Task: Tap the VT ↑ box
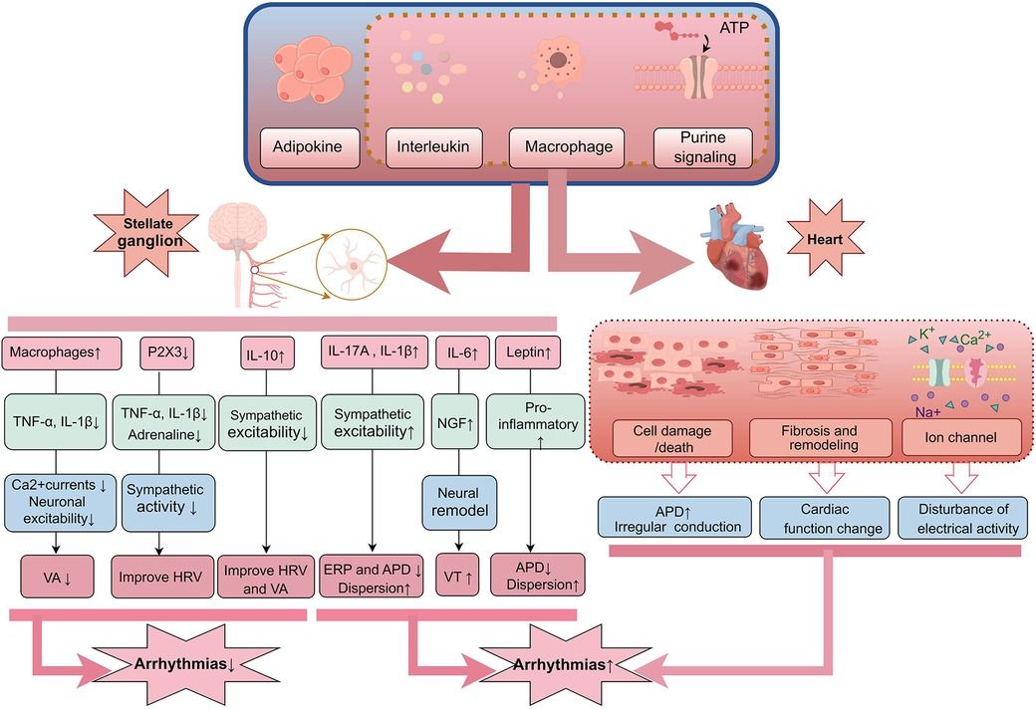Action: click(458, 577)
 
